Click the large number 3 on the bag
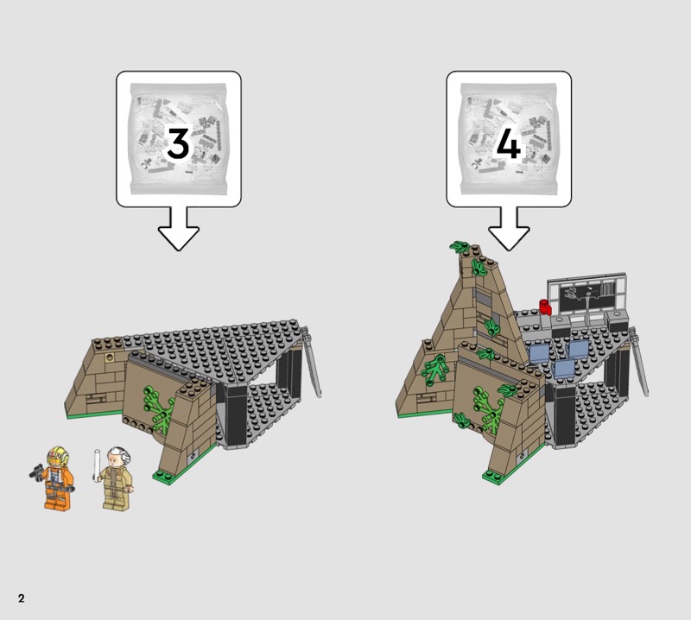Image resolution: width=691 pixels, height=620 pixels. (x=178, y=143)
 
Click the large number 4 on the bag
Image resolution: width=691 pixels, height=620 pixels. (x=509, y=143)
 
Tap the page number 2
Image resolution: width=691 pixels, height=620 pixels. (x=21, y=598)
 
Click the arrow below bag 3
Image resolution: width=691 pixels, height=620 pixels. (x=179, y=229)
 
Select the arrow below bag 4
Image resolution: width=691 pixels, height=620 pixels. (x=509, y=229)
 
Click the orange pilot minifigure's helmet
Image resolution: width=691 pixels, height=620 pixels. (x=58, y=457)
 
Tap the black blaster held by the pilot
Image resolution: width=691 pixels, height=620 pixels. (x=36, y=471)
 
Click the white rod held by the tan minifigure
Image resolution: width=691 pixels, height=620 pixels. (x=97, y=465)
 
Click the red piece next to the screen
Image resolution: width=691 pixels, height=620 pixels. (x=546, y=307)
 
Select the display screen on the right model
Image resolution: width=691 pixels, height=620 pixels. (x=587, y=294)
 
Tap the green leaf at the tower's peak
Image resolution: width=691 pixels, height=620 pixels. (x=460, y=247)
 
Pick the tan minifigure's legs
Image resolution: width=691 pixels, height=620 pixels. (x=117, y=499)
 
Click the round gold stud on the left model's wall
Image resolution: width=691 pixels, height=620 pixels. (x=109, y=357)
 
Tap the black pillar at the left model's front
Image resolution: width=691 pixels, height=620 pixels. (x=237, y=415)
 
